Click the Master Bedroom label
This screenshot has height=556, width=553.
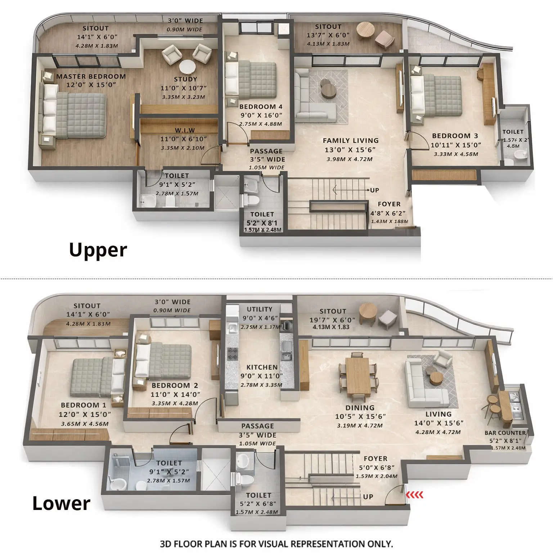91,77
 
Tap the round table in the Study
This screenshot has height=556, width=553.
187,67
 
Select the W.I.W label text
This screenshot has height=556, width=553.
185,131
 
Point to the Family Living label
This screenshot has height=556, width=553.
350,141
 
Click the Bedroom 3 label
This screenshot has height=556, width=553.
455,136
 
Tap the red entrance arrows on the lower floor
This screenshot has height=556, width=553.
415,495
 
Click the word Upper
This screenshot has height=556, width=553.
98,250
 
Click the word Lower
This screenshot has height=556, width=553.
61,503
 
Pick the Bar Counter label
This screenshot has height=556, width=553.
505,433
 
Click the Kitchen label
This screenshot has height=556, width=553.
262,367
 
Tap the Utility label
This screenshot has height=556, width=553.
259,309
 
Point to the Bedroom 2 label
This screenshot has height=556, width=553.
175,386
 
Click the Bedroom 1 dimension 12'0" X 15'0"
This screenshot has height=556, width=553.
85,414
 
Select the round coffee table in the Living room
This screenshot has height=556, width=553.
436,378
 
